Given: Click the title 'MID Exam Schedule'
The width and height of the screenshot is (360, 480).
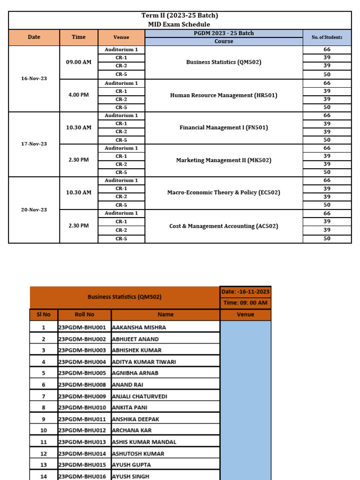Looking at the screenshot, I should click(x=180, y=24).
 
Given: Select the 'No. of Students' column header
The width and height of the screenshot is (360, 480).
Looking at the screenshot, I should click(x=327, y=37).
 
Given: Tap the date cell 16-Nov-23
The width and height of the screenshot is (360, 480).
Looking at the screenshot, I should click(x=34, y=78).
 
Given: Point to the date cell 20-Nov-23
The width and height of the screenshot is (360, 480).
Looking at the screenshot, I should click(x=34, y=210).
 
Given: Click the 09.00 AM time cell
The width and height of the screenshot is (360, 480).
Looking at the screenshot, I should click(x=79, y=62).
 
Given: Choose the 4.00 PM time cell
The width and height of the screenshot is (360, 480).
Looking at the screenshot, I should click(x=79, y=95).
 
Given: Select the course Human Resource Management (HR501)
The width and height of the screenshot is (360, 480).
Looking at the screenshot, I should click(x=224, y=95).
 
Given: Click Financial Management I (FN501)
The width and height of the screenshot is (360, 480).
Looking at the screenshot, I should click(x=224, y=127).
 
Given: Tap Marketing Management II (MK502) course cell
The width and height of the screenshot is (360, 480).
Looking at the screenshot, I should click(x=224, y=160).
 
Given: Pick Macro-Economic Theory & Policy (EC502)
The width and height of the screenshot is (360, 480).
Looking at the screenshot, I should click(x=224, y=193).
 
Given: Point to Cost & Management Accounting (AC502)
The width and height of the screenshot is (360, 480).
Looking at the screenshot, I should click(x=224, y=226).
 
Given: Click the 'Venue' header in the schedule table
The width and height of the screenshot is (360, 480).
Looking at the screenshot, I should click(x=121, y=37).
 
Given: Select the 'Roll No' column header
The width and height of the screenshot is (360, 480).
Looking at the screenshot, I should click(x=84, y=315).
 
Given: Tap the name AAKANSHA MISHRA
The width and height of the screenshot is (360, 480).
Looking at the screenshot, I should click(x=139, y=327).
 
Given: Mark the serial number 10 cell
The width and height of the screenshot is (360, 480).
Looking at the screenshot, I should click(x=44, y=430).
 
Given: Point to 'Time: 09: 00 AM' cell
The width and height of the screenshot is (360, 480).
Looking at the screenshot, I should click(x=245, y=303).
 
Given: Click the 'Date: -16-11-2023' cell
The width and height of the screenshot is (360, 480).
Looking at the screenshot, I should click(x=245, y=292).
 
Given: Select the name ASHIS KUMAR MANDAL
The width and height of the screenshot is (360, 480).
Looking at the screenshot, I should click(x=144, y=442).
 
